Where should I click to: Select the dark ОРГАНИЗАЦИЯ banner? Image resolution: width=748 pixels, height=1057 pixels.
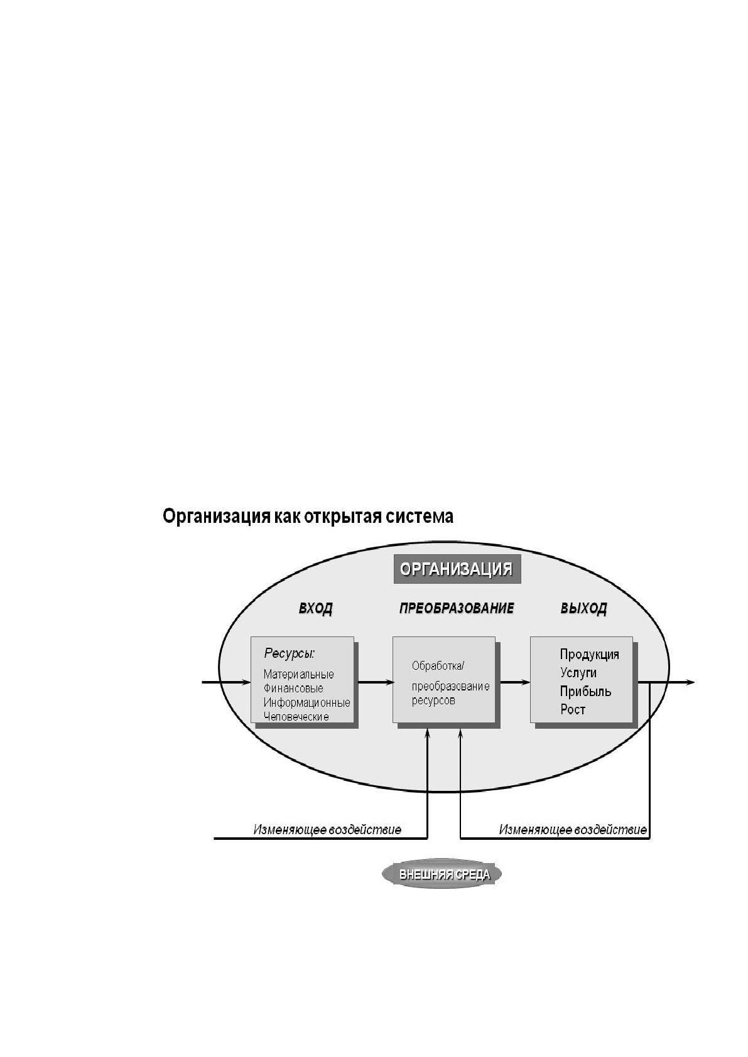(x=457, y=569)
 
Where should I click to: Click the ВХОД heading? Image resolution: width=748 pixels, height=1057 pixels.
(x=315, y=608)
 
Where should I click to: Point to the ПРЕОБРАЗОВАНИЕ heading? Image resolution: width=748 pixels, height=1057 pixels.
(x=457, y=608)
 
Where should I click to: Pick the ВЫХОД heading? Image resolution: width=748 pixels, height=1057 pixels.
(x=583, y=608)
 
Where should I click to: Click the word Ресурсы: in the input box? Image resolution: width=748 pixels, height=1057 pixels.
(x=290, y=653)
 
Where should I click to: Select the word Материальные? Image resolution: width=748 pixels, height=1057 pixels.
(x=299, y=674)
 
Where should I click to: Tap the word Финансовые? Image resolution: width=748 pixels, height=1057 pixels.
(x=293, y=689)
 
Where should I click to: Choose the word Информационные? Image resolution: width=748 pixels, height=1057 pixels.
(x=307, y=702)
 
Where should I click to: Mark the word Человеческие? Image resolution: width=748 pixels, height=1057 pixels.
(x=296, y=716)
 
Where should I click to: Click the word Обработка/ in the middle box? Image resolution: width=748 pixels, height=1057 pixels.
(x=438, y=666)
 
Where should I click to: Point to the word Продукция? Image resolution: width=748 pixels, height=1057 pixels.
(x=589, y=655)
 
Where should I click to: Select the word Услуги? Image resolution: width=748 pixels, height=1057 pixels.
(x=578, y=673)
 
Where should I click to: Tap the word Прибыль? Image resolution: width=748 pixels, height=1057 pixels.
(x=585, y=691)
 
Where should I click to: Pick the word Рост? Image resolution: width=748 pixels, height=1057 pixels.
(x=573, y=710)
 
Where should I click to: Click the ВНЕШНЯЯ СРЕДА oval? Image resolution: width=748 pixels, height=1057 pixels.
(x=442, y=874)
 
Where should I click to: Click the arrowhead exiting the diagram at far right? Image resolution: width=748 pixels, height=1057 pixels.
(x=691, y=682)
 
